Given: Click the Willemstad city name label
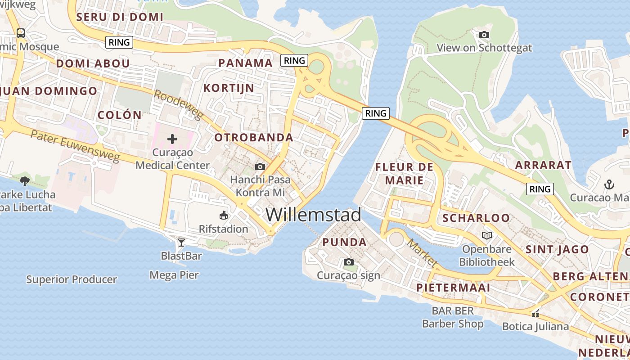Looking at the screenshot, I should [x=313, y=215].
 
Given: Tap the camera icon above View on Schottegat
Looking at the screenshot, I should [x=484, y=35].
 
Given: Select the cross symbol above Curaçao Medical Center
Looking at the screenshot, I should [x=172, y=139].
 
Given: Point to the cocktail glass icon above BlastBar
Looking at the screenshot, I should [x=181, y=243].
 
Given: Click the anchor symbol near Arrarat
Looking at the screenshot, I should [x=609, y=184].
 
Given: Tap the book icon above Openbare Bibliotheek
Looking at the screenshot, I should [x=486, y=235].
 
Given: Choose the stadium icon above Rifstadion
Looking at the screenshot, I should [x=224, y=216].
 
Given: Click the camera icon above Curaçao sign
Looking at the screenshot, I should [x=348, y=262].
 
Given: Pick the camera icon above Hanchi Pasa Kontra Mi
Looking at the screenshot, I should [x=260, y=166].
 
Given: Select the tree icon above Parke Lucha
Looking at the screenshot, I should [x=25, y=181].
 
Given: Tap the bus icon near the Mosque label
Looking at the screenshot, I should [x=21, y=33].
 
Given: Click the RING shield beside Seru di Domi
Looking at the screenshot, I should [x=120, y=42].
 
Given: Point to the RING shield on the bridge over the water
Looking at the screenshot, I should [x=376, y=113].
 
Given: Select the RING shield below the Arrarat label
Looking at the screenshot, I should [x=540, y=189].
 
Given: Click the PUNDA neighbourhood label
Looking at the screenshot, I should [x=344, y=242].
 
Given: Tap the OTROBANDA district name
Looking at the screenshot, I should [x=254, y=138].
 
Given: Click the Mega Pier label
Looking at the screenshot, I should [x=174, y=275].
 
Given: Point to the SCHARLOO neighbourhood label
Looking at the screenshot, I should [x=476, y=218].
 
